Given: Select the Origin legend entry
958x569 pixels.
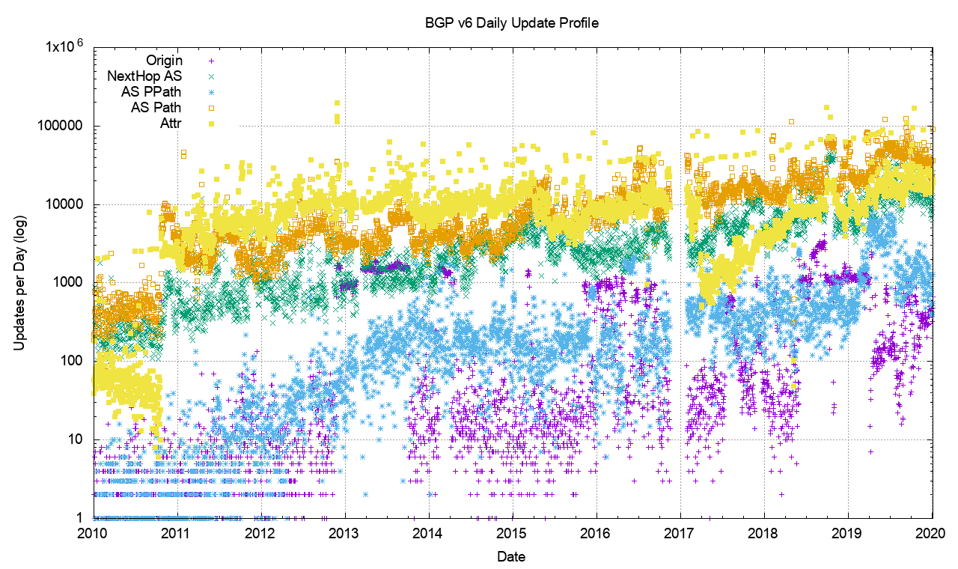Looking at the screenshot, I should [x=163, y=60].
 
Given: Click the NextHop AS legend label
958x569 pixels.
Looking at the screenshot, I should [x=144, y=76].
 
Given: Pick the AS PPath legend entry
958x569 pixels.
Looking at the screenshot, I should [x=150, y=91].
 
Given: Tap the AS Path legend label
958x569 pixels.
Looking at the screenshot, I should [x=156, y=107].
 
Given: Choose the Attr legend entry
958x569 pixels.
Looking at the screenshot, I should [x=170, y=123].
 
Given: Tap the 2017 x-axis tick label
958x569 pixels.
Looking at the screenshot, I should [x=680, y=533].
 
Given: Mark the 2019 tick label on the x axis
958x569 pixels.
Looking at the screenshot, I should [x=848, y=533].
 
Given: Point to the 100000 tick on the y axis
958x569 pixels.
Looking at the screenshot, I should [x=63, y=126].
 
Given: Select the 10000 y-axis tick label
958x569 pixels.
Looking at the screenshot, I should [x=66, y=204].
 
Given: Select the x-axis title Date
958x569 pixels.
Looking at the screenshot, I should [x=511, y=556].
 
